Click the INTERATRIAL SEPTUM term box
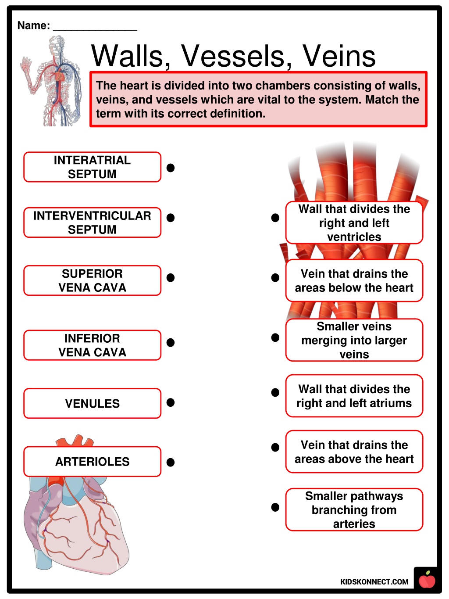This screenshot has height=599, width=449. [x=92, y=167]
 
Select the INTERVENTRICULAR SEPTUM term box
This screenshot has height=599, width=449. [x=92, y=222]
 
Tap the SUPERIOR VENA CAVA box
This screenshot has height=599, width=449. [x=92, y=280]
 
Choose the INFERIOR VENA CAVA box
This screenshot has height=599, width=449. [x=92, y=345]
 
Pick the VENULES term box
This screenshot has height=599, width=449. [x=92, y=403]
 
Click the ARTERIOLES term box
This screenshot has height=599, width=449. [x=92, y=462]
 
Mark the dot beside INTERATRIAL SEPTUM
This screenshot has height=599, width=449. [x=171, y=168]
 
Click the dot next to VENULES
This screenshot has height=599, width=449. [x=171, y=402]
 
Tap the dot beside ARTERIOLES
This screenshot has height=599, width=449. [x=171, y=462]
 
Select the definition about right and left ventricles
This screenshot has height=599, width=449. [x=354, y=222]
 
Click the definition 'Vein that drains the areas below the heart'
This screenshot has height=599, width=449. [x=354, y=280]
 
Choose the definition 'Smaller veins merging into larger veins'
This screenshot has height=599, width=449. [x=354, y=340]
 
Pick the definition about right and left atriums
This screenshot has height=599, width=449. [x=354, y=396]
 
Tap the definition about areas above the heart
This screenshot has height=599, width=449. [x=354, y=452]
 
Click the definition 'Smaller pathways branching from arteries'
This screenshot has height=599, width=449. [x=354, y=510]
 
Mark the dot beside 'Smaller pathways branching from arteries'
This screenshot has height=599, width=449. [x=275, y=507]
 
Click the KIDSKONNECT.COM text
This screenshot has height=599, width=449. [x=374, y=582]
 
